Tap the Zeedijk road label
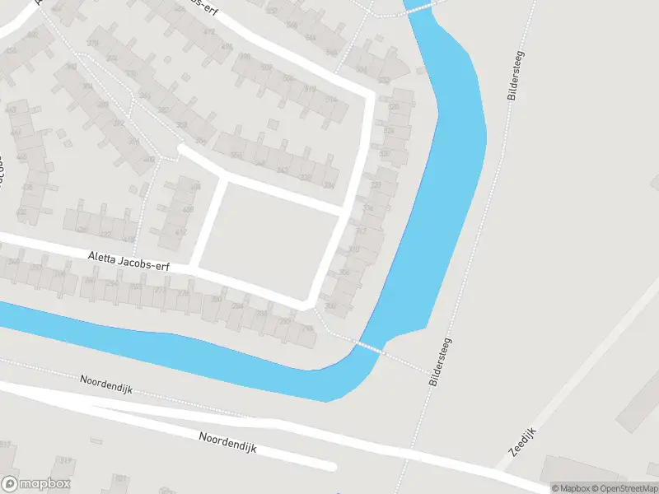click(x=523, y=443)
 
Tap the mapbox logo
click(x=35, y=484)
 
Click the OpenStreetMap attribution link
click(x=624, y=488)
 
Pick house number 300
click(x=331, y=306)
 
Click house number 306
click(x=344, y=273)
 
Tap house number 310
click(x=354, y=249)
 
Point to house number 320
click(x=376, y=185)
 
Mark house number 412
click(x=181, y=232)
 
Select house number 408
click(x=188, y=210)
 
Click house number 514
click(x=331, y=100)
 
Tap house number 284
click(x=237, y=306)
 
